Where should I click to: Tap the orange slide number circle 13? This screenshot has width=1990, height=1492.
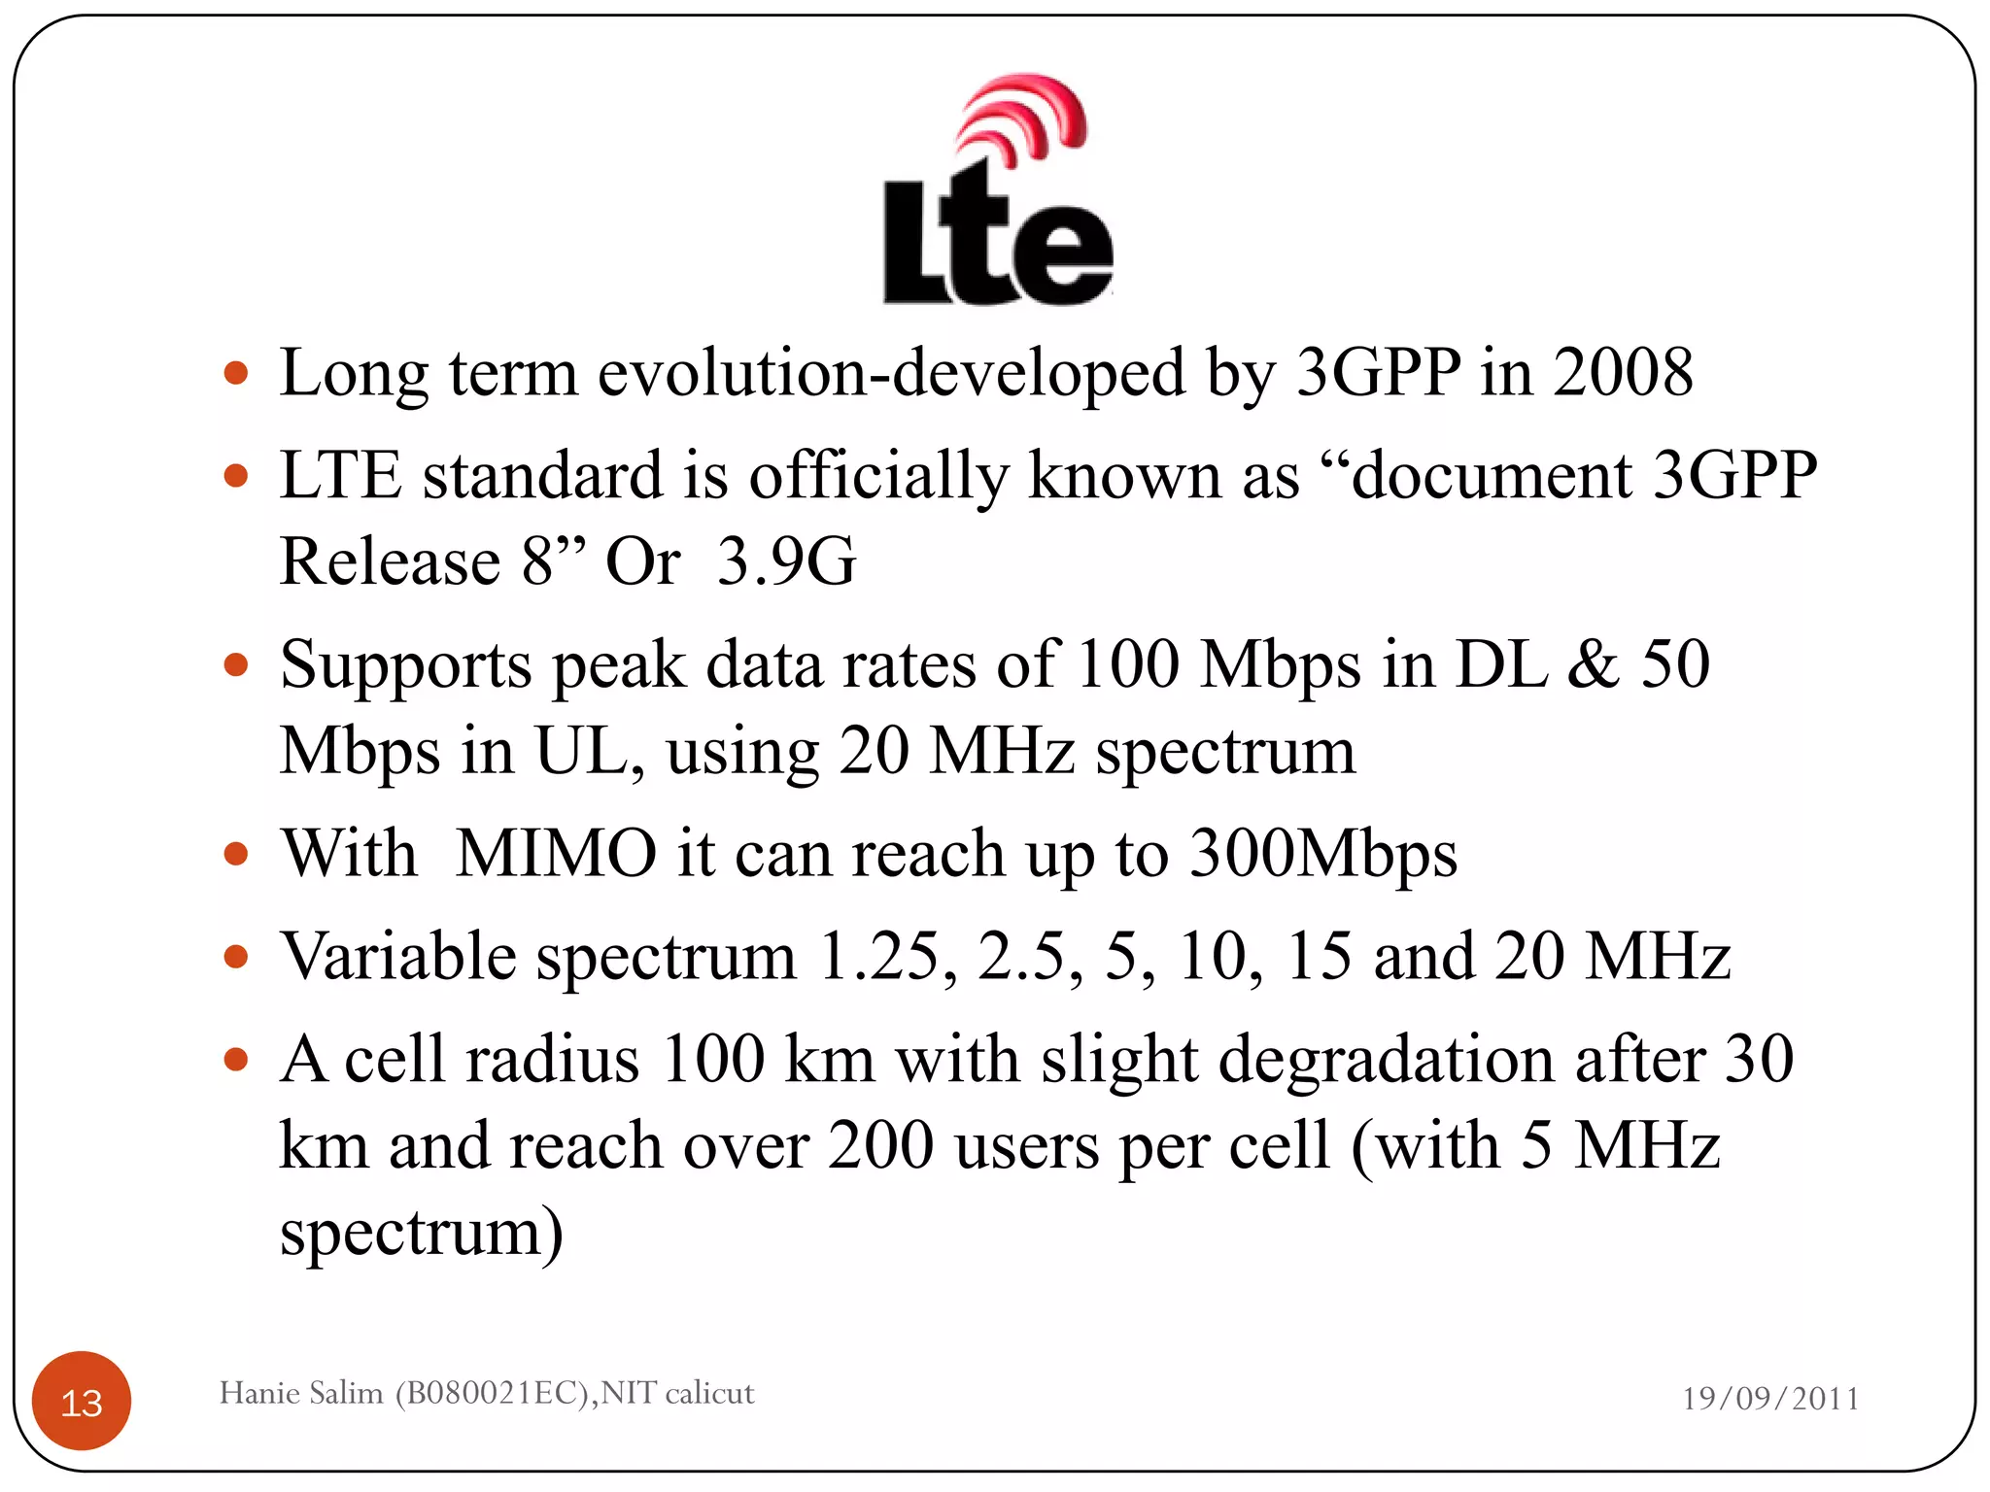tap(82, 1402)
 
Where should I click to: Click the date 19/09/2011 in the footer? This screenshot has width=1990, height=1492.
tap(1770, 1398)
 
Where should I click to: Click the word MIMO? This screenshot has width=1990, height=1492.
tap(556, 853)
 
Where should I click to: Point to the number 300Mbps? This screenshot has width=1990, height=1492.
tap(1323, 855)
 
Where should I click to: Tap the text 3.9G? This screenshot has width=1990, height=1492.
tap(786, 561)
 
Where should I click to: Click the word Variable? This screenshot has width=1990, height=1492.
tap(398, 956)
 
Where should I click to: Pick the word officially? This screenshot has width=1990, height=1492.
tap(879, 476)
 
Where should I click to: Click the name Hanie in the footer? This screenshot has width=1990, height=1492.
tap(259, 1393)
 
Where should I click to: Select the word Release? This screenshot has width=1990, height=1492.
tap(390, 561)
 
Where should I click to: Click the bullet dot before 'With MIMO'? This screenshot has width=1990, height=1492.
tap(236, 855)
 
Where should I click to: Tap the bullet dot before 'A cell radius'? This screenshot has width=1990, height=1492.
tap(236, 1059)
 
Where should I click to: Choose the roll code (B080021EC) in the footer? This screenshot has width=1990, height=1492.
tap(494, 1393)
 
